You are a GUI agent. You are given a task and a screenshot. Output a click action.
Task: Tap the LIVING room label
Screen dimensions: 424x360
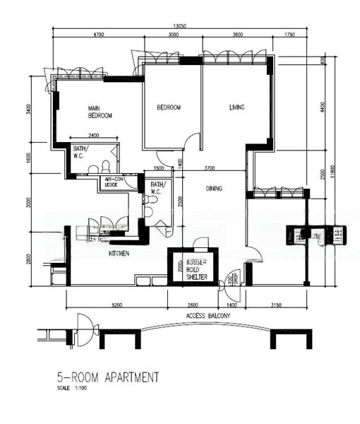point(236,107)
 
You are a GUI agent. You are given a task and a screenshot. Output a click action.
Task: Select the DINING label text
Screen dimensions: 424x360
point(214,189)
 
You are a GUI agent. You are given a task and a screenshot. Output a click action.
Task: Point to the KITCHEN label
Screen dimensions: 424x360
point(119,253)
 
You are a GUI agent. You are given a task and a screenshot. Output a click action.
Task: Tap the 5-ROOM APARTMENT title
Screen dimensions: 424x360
point(107,377)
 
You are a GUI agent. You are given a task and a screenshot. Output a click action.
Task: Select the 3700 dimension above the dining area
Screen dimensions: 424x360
point(210,168)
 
